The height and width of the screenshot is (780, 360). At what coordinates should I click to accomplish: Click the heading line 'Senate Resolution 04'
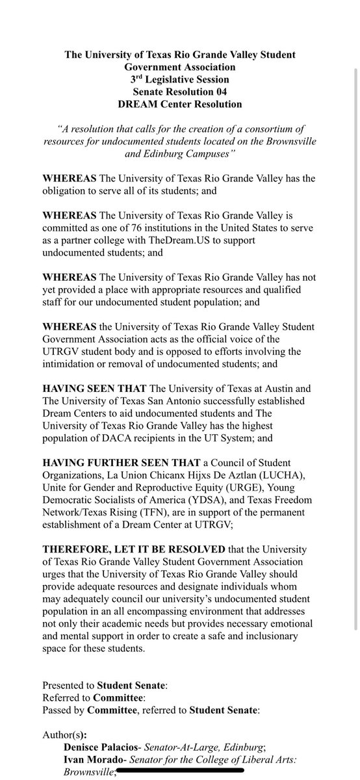coord(180,92)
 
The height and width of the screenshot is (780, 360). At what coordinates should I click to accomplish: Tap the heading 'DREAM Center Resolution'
coord(180,104)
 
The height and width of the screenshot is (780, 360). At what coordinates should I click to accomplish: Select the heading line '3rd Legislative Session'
coord(180,80)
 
